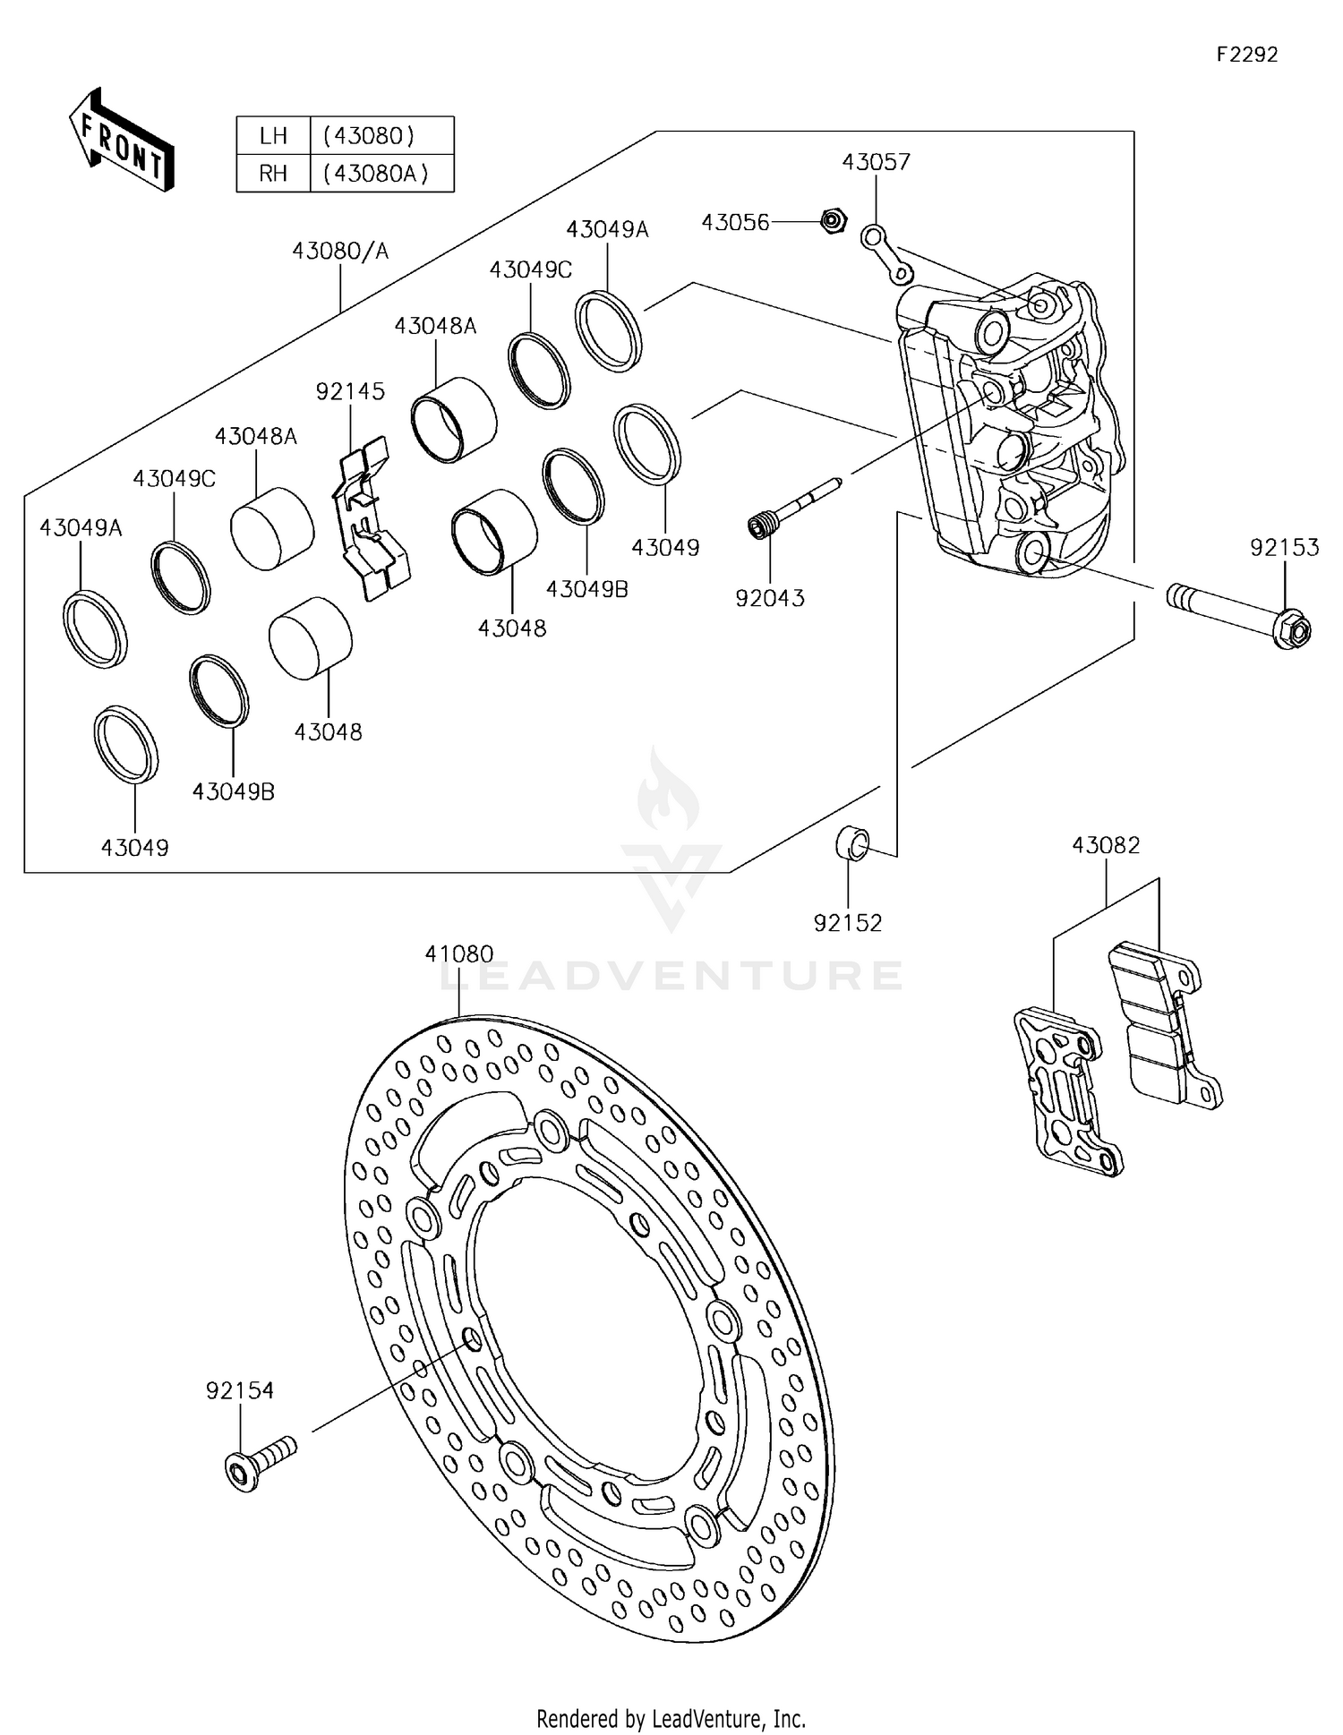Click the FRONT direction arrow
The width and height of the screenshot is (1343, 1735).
pyautogui.click(x=121, y=141)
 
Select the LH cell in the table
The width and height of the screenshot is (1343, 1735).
pyautogui.click(x=273, y=136)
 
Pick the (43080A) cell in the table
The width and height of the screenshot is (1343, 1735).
pyautogui.click(x=381, y=173)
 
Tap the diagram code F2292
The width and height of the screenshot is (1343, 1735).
pyautogui.click(x=1246, y=55)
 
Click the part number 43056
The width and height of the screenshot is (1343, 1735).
pyautogui.click(x=735, y=222)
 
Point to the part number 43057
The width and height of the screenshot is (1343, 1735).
pyautogui.click(x=876, y=162)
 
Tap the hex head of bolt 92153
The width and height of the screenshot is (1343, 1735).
pyautogui.click(x=1290, y=629)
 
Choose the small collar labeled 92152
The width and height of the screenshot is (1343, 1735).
pyautogui.click(x=851, y=843)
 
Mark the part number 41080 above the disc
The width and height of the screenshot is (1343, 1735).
pyautogui.click(x=459, y=954)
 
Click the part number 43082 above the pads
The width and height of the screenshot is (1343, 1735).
pyautogui.click(x=1106, y=844)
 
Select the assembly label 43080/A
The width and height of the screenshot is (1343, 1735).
pyautogui.click(x=340, y=251)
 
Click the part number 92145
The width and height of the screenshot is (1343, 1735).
pyautogui.click(x=350, y=391)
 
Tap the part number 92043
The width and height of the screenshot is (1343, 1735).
pyautogui.click(x=770, y=598)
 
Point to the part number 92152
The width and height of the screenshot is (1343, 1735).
pyautogui.click(x=848, y=922)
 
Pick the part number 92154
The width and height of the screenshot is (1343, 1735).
pyautogui.click(x=240, y=1390)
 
